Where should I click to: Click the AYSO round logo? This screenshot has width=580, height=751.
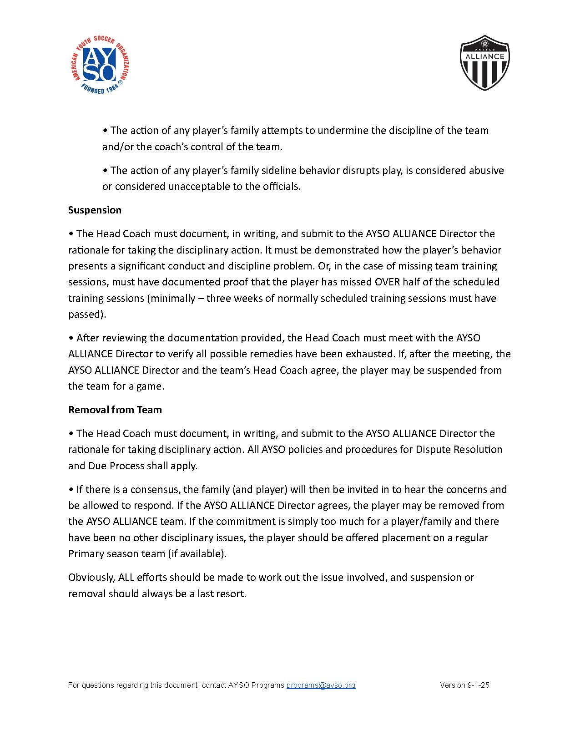[x=101, y=64]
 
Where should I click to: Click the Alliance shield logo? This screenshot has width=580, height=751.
[x=484, y=63]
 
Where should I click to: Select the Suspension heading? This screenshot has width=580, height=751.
[x=95, y=210]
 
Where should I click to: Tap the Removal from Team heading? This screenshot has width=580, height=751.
[x=115, y=410]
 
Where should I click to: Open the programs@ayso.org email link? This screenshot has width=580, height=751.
[x=321, y=685]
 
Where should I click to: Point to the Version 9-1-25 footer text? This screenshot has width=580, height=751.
[x=464, y=685]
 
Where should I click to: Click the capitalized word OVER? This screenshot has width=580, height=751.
[x=387, y=282]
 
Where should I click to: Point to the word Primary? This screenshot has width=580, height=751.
[x=86, y=554]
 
